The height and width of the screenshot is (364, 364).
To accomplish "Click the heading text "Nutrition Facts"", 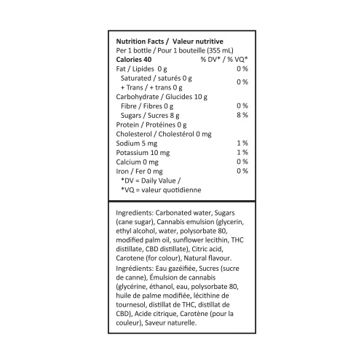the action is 140,41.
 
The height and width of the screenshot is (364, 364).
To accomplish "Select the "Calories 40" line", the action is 134,60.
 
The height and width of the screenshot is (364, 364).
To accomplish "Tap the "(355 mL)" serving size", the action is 220,50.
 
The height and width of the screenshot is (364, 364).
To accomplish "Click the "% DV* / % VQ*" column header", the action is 224,60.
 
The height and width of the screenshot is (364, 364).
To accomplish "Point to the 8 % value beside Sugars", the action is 242,115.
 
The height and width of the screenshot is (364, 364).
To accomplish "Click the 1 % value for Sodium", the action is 242,143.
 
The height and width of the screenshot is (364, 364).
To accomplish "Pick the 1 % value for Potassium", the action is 242,152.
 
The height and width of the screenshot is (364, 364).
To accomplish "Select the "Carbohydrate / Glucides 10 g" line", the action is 162,97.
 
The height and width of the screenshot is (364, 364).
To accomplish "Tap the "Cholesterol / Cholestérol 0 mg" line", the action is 164,134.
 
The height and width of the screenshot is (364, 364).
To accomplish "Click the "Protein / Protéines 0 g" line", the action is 151,125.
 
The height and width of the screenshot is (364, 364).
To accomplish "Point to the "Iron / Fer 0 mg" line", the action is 139,172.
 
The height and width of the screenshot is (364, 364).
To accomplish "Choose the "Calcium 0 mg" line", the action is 137,162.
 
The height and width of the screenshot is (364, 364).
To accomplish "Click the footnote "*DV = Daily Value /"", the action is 151,181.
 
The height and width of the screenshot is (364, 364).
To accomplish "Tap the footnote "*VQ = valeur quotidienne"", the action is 161,190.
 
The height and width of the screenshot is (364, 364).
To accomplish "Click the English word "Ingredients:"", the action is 135,213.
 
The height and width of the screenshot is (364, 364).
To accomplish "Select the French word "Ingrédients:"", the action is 135,269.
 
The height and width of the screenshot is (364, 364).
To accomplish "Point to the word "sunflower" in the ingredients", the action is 189,240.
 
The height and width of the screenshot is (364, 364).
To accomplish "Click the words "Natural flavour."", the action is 207,258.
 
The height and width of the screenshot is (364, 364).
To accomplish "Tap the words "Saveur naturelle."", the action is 170,323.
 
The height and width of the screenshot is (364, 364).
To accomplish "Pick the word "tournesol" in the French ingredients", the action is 131,305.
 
